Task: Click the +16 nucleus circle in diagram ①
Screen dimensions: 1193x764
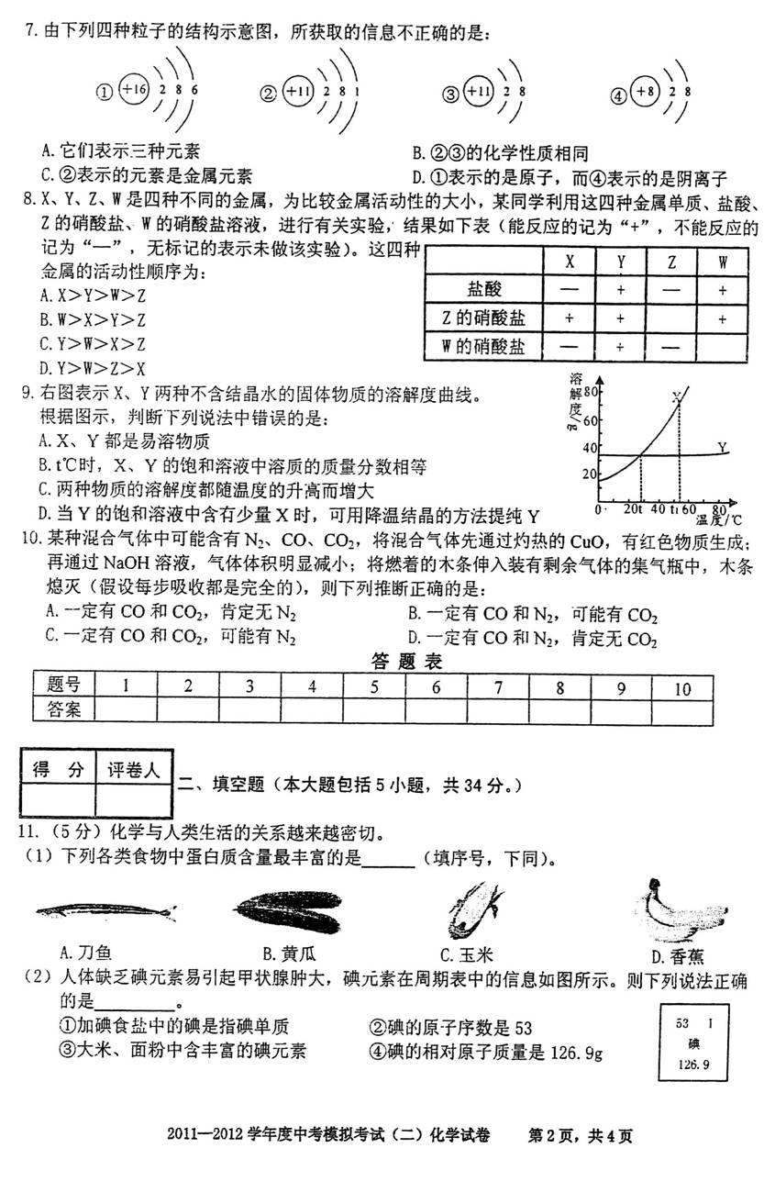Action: click(x=134, y=91)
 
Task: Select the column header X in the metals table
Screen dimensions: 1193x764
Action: click(x=570, y=261)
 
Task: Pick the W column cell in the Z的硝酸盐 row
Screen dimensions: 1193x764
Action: click(x=722, y=318)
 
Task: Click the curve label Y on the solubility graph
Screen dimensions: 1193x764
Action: click(x=723, y=447)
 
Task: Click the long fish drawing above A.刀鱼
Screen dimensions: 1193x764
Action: click(x=105, y=910)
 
